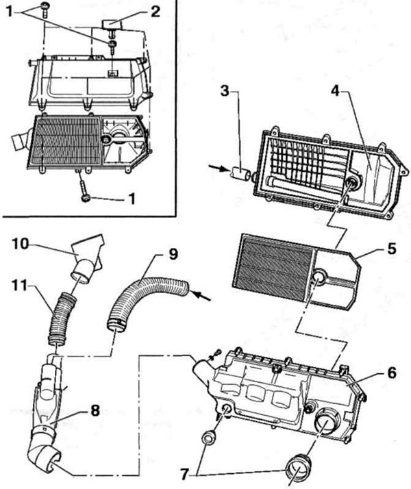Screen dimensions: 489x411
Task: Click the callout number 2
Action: tap(155, 11)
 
